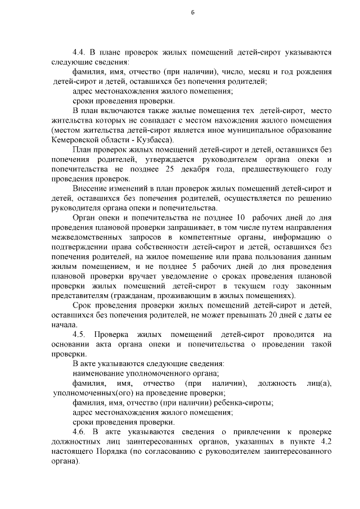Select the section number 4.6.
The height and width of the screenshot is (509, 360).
pyautogui.click(x=79, y=431)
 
